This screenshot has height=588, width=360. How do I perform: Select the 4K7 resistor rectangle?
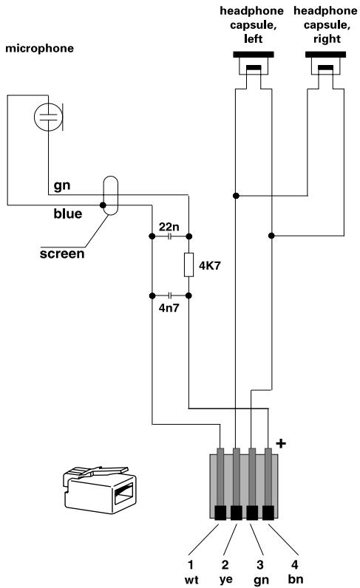[189, 265]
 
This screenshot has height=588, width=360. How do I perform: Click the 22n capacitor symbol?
[170, 236]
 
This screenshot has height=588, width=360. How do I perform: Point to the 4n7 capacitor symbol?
[170, 294]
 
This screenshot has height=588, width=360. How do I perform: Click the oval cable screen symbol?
[109, 196]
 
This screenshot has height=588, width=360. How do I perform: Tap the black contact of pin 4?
[270, 512]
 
